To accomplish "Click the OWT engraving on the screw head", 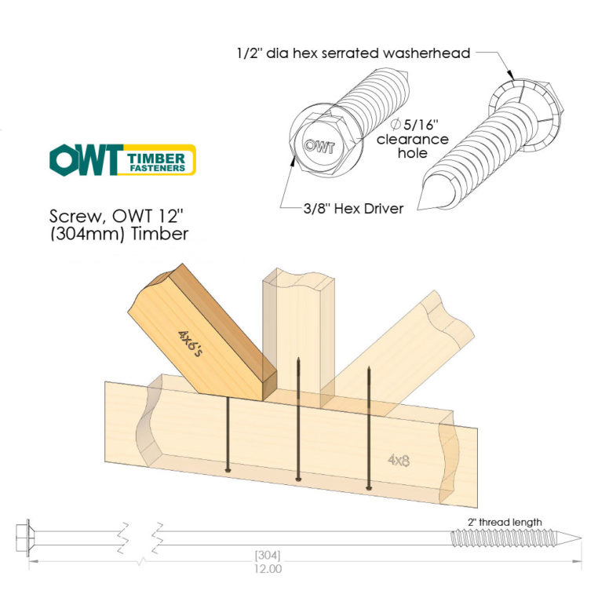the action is [319, 146].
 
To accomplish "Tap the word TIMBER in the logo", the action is [156, 159].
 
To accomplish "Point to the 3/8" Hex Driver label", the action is [353, 209].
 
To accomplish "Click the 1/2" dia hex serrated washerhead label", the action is [353, 53].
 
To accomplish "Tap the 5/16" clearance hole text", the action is [413, 139].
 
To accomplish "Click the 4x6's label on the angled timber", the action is [190, 343].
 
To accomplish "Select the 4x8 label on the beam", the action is [399, 461].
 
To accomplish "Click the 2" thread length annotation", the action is [505, 522].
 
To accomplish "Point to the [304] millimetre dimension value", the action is [268, 555].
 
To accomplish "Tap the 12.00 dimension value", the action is [268, 569].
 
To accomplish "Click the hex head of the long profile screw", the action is [24, 538].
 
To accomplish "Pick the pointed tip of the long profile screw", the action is [582, 538].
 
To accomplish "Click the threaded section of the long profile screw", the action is [503, 538].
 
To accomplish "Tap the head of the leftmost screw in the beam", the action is [228, 469].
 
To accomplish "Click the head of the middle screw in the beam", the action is [298, 479].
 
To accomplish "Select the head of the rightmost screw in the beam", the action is [368, 487].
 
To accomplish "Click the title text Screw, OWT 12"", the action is [116, 217].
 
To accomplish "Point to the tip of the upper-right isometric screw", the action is [418, 210].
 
